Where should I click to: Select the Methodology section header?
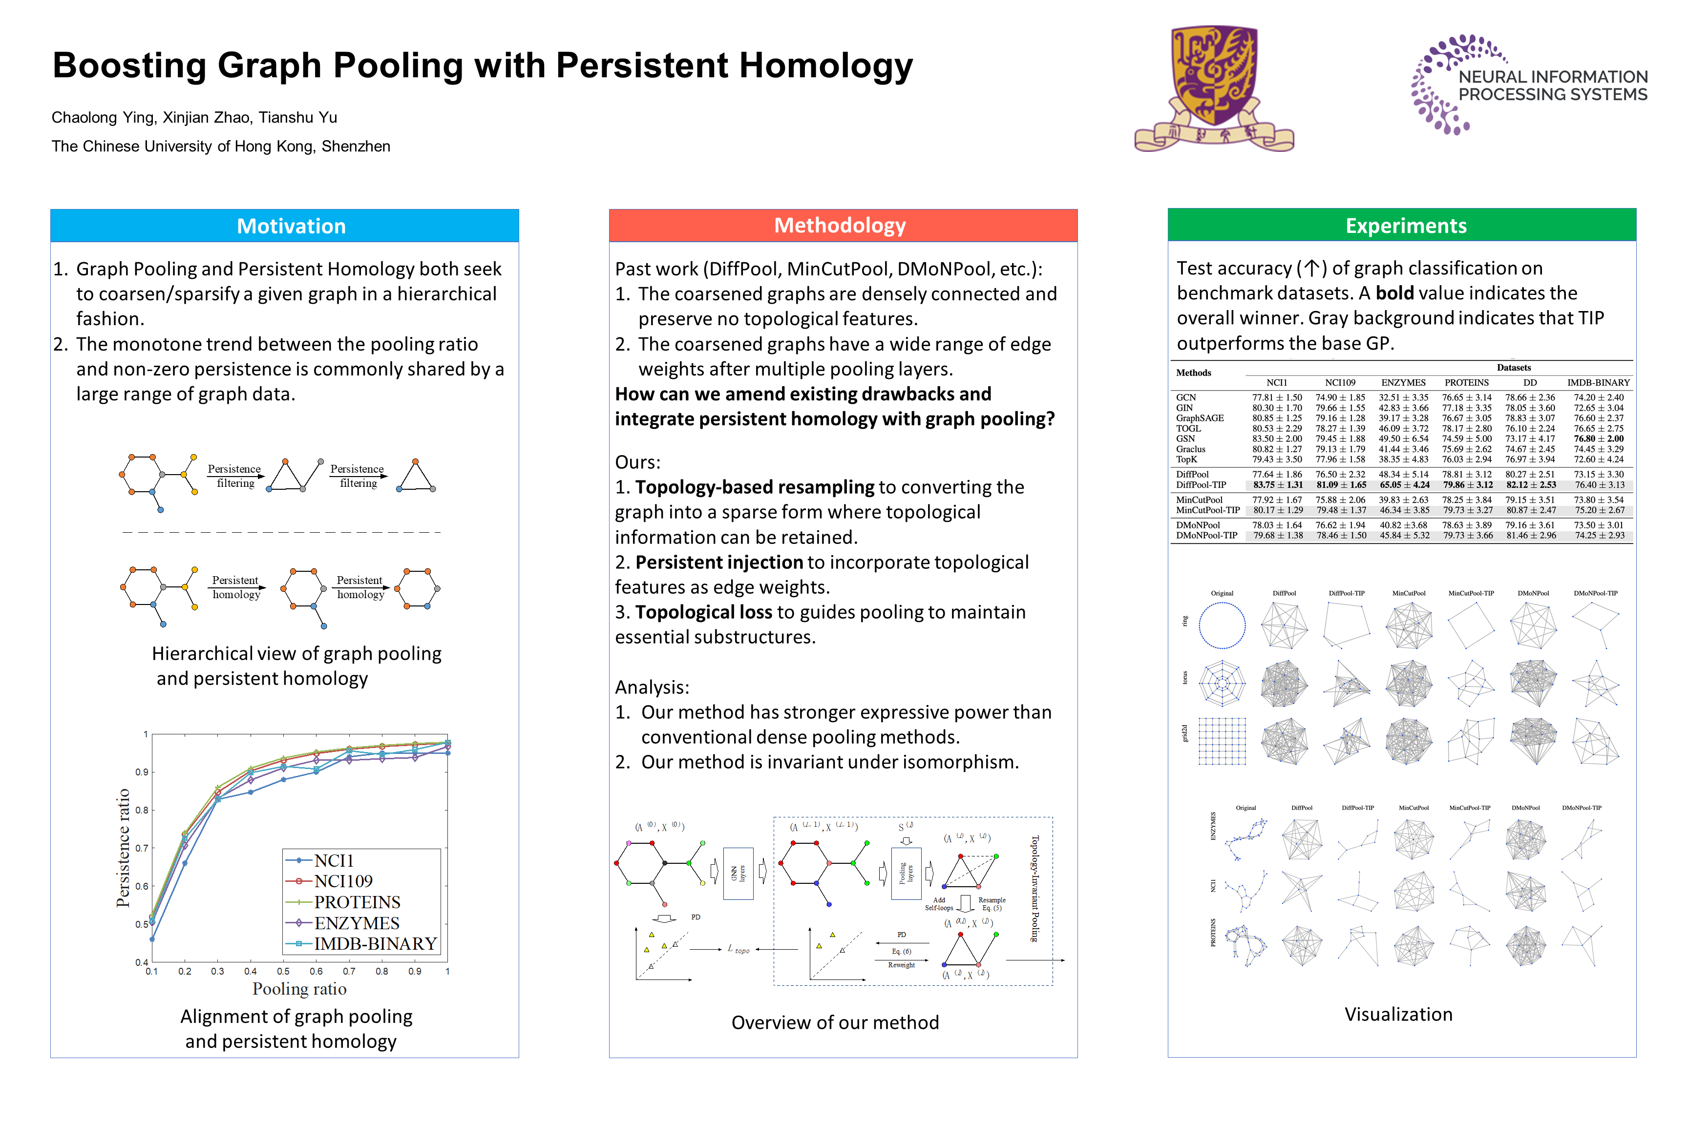[x=840, y=225]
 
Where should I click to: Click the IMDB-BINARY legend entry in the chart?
[x=375, y=943]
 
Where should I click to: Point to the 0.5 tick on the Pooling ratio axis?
[x=283, y=972]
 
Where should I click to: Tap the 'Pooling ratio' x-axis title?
[x=299, y=989]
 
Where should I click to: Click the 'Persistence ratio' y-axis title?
[x=124, y=848]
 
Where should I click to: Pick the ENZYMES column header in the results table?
[x=1403, y=382]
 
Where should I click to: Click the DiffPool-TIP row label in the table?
[x=1201, y=485]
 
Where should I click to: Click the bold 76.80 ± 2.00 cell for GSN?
[x=1598, y=438]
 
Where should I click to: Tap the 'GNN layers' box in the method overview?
[x=738, y=873]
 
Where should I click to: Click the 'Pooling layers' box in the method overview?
[x=906, y=873]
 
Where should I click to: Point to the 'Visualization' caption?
[x=1398, y=1014]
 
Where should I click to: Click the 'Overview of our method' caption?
[x=835, y=1022]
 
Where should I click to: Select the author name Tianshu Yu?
[x=298, y=118]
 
